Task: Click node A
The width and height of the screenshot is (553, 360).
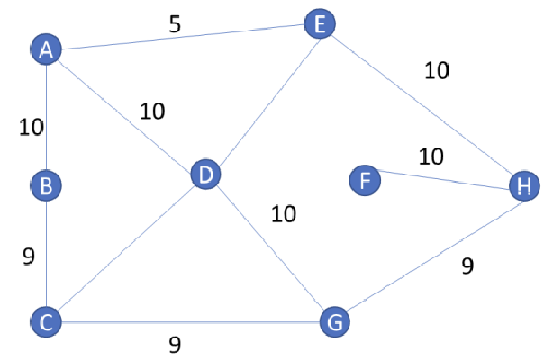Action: point(46,50)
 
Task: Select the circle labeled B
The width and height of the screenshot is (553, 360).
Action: point(45,186)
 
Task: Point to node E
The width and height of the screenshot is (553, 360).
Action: point(319,23)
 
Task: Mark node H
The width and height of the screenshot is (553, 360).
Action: point(523,185)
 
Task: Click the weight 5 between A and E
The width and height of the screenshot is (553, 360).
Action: point(175,23)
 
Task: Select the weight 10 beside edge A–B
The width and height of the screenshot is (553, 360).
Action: point(32,128)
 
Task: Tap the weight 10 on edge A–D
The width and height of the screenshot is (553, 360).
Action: point(152,112)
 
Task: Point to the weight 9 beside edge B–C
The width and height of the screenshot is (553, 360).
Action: point(28,256)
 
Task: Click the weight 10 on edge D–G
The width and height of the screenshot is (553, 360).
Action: point(284,214)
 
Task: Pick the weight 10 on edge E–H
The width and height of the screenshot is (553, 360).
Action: point(436,70)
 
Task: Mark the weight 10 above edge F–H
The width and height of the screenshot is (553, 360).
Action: point(431,157)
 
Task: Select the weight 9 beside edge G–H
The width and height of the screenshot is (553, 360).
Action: point(467,265)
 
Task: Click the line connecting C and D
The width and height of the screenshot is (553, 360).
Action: point(126,248)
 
